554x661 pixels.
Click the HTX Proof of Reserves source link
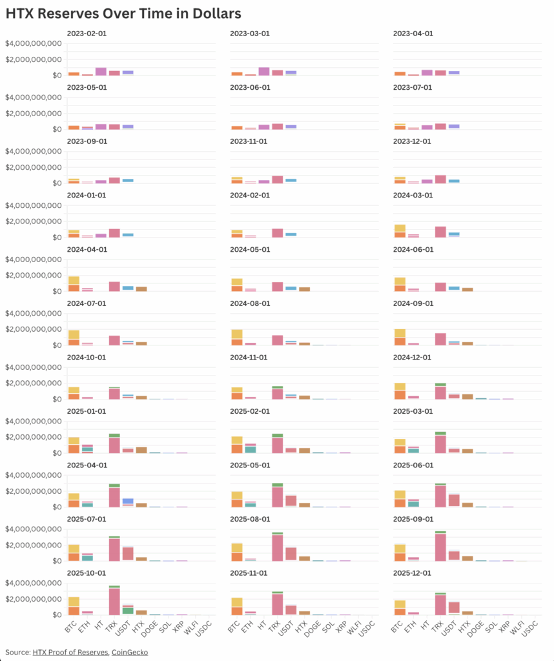tap(71, 652)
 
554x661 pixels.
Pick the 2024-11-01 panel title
tap(249, 357)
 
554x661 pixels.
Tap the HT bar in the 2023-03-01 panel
tap(263, 72)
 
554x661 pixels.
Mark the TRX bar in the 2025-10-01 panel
tap(114, 600)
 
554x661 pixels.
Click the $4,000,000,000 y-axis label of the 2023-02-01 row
tap(33, 44)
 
